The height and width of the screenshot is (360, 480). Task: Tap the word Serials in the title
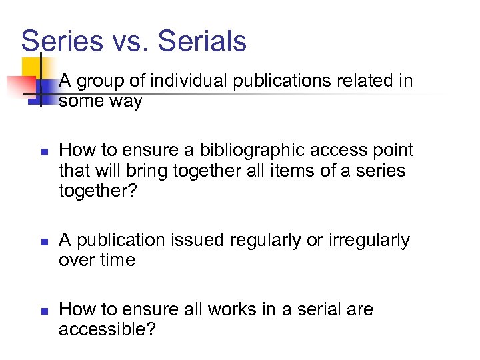coord(203,41)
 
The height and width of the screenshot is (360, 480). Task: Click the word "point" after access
coord(389,151)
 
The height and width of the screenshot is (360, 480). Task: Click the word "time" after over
coord(117,260)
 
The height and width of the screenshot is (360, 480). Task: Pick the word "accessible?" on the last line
coord(107,329)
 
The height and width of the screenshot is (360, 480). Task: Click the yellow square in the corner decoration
coord(31,67)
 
